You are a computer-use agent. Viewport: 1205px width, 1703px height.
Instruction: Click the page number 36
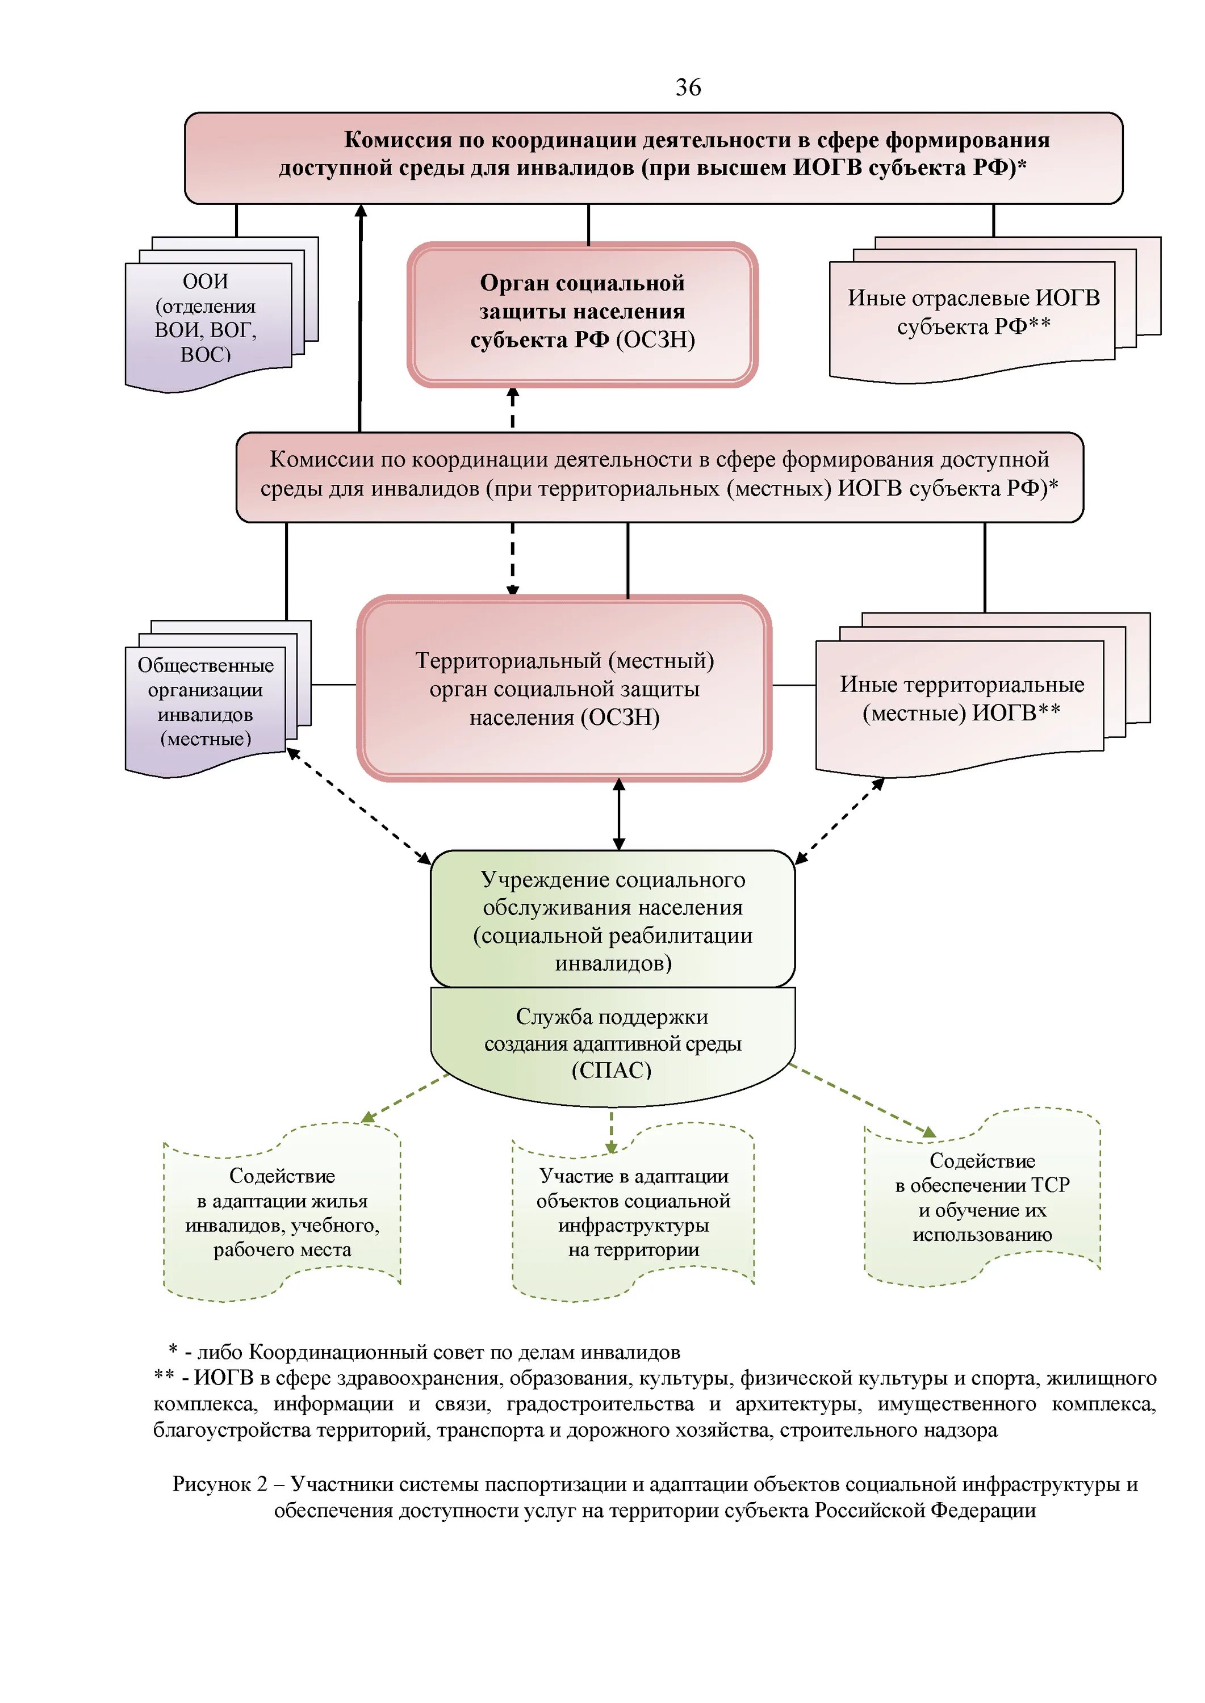pos(688,87)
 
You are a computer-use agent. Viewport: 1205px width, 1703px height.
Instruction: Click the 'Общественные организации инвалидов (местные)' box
pos(206,702)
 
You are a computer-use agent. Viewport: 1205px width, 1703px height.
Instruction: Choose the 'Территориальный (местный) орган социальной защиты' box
pos(564,689)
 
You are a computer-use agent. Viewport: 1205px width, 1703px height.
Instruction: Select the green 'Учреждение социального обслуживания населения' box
pos(613,920)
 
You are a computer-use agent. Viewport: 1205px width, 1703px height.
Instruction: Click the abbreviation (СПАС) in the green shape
pos(612,1070)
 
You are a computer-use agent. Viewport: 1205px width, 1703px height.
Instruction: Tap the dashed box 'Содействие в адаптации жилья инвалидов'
pos(282,1212)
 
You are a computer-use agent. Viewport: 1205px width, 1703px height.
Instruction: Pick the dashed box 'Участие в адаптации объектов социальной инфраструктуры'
pos(633,1212)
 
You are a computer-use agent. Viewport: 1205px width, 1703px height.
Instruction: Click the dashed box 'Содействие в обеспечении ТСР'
pos(982,1197)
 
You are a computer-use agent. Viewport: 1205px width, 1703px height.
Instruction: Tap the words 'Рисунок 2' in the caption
pos(220,1484)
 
